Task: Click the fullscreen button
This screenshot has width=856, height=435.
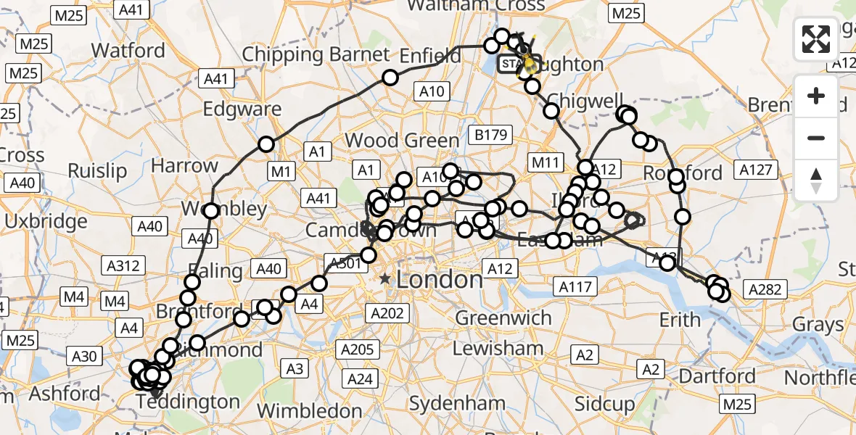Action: pos(816,39)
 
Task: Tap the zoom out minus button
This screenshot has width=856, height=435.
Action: pos(816,138)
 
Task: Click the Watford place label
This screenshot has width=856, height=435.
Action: pos(129,51)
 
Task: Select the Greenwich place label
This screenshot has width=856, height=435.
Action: pos(503,318)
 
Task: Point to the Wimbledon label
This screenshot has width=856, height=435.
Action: pos(308,410)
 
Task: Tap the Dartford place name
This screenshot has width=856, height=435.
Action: pos(717,376)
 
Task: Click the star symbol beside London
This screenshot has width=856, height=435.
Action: pos(384,279)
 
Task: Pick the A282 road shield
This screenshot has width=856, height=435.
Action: pos(765,290)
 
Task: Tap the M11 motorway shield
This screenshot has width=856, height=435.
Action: pos(548,160)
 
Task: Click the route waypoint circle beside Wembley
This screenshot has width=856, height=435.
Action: pos(211,211)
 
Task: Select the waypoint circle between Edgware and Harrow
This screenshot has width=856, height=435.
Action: pos(266,144)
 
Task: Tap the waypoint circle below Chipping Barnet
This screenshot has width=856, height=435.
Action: pos(390,78)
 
